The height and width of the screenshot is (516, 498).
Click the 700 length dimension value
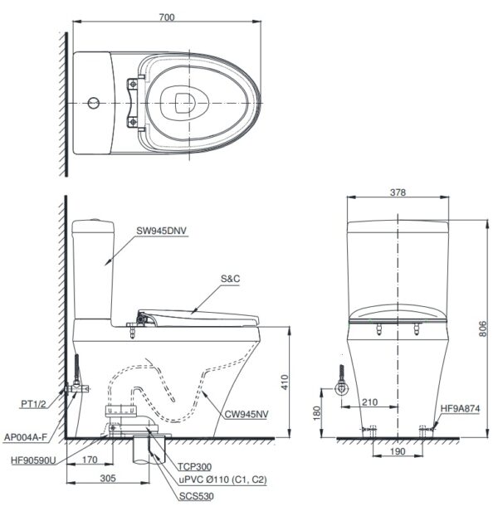(x=167, y=17)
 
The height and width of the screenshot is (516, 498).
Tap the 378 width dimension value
(x=398, y=192)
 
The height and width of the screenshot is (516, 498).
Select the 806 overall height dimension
(x=482, y=329)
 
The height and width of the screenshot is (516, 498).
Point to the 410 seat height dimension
(x=285, y=382)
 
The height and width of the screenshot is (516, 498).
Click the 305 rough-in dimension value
(x=108, y=478)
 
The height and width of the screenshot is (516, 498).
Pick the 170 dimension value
(x=90, y=460)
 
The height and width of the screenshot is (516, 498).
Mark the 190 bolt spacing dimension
(x=398, y=451)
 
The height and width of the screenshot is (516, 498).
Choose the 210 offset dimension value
(x=369, y=402)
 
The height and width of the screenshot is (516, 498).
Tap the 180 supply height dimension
(x=316, y=413)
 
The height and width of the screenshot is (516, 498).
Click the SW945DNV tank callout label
(x=162, y=231)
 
